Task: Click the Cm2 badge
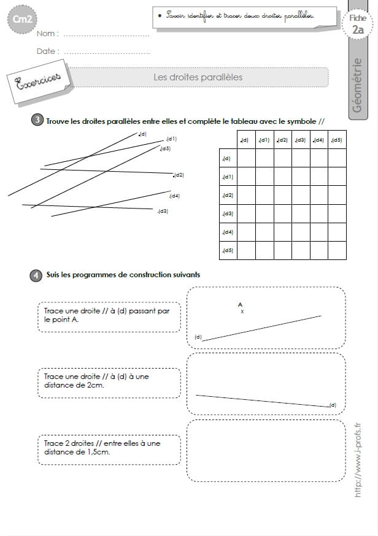point(22,19)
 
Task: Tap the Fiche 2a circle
point(358,24)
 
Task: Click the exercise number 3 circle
point(37,120)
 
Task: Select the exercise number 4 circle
point(36,275)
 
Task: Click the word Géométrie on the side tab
point(357,85)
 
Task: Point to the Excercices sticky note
point(39,82)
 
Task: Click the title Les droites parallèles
point(198,77)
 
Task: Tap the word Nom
point(45,34)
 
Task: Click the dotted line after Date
point(107,53)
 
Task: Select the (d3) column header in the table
point(301,140)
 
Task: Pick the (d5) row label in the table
point(228,251)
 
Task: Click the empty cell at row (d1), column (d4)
point(319,177)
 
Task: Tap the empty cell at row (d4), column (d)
point(246,232)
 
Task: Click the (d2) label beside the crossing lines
point(178,175)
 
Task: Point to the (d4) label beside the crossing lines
point(174,196)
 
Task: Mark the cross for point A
point(242,312)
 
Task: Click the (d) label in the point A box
point(198,337)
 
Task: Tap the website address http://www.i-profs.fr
point(358,460)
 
